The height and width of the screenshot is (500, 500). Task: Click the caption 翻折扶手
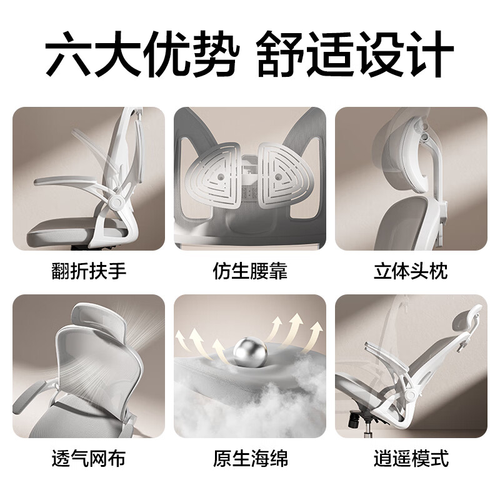pos(88,271)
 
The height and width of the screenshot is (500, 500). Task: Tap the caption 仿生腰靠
pos(250,271)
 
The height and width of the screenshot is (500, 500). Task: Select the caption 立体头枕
pos(411,271)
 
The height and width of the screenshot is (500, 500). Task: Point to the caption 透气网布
pos(88,459)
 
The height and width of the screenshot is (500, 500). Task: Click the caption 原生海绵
pos(250,459)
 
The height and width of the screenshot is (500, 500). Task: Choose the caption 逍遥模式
pos(411,459)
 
